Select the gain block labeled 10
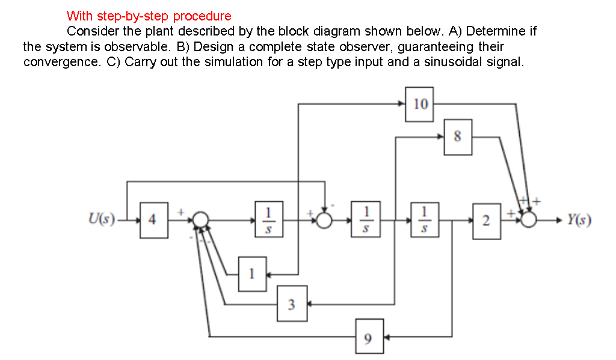click(420, 104)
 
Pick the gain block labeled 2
click(486, 221)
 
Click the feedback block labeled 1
click(253, 274)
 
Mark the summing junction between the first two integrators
click(325, 220)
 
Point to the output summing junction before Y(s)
click(529, 220)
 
